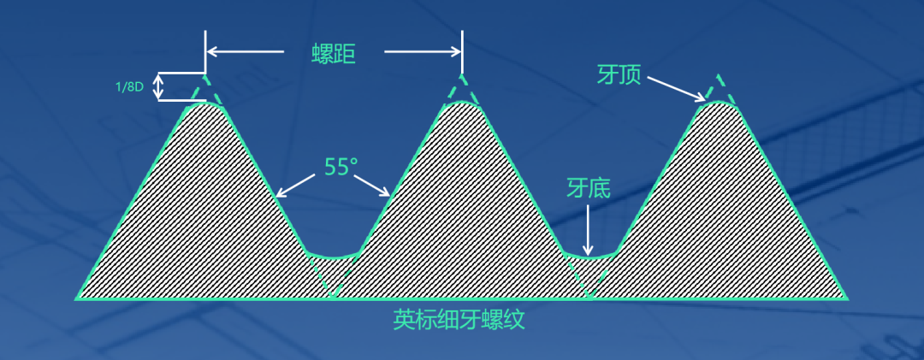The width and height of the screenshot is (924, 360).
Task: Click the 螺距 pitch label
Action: (333, 54)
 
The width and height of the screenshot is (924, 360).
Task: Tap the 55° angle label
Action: (336, 167)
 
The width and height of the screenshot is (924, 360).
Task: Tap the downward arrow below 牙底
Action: (588, 229)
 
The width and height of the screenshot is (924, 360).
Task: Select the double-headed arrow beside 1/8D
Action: (157, 86)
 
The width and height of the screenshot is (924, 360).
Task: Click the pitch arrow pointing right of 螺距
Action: (423, 52)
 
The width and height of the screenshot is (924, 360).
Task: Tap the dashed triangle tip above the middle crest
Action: (462, 88)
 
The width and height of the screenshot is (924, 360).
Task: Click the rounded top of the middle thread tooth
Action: (462, 103)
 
